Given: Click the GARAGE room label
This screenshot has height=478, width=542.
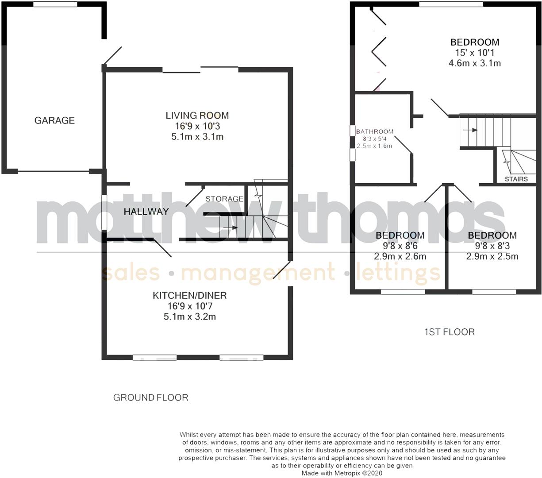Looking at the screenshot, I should click(54, 120).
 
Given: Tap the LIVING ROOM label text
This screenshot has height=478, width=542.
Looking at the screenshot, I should click(197, 116).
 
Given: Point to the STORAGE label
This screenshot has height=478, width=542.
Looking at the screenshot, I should click(224, 199).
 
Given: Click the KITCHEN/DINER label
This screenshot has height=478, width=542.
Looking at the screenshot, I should click(190, 295).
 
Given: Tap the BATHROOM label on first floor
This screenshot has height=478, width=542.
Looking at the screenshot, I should click(375, 131).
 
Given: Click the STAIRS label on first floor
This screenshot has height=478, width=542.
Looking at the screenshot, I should click(516, 179).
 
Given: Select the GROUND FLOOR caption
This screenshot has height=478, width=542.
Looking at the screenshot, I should click(151, 397).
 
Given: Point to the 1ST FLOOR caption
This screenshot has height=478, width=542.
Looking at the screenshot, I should click(449, 332).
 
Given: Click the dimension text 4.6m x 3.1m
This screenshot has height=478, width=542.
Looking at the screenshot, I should click(475, 63).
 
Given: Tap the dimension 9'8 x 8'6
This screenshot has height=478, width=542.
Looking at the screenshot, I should click(400, 246).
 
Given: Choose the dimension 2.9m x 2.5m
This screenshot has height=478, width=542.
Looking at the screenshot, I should click(492, 256).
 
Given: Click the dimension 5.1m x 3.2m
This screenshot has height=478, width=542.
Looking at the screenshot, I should click(190, 316).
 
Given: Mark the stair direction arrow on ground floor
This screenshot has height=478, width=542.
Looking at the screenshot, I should click(230, 228).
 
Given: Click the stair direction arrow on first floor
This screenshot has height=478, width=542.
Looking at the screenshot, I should click(470, 130).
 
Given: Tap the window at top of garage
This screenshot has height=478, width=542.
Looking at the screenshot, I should click(55, 4).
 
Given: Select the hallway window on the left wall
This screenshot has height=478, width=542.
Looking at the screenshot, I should click(104, 212).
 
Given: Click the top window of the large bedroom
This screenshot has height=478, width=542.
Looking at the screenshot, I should click(451, 4).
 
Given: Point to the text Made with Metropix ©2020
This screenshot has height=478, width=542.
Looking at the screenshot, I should click(342, 473).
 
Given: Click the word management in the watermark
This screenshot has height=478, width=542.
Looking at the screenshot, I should click(258, 273).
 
